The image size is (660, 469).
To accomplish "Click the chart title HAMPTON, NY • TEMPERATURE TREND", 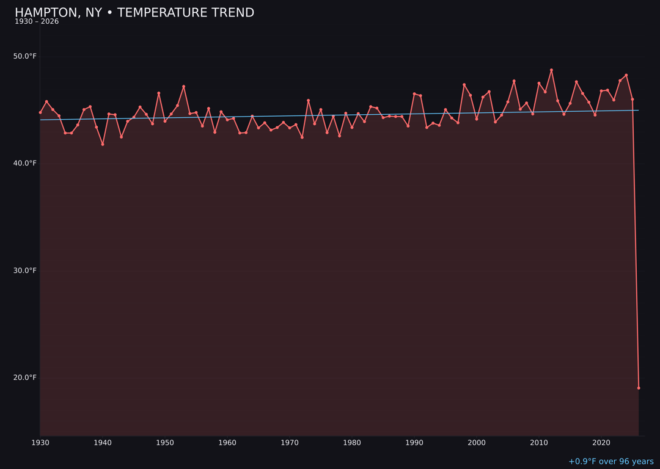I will tap(134, 13).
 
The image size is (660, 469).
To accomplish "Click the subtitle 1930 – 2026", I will tap(37, 22).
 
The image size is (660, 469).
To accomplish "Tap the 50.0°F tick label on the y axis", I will tap(25, 56).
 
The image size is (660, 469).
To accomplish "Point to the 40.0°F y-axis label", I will tap(25, 163).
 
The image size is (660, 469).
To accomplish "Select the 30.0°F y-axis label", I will tap(25, 271).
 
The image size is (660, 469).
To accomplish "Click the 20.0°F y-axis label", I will tap(25, 377).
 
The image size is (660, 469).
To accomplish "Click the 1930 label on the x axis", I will tap(40, 442).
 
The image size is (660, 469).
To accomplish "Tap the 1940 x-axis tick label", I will tap(103, 442).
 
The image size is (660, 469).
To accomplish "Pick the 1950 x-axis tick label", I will tap(165, 442).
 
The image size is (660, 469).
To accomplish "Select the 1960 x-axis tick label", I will tap(227, 442).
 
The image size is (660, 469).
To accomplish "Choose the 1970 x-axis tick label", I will tap(290, 442).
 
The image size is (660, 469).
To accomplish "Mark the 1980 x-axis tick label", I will tap(352, 442).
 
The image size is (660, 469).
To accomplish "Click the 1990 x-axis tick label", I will tap(414, 442).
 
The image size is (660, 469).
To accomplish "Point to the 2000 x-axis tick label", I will tap(477, 442).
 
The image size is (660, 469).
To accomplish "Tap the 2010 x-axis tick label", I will tap(539, 442).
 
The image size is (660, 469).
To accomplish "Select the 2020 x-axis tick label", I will tap(601, 442).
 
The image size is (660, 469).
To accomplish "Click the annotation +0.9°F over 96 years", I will tap(610, 462).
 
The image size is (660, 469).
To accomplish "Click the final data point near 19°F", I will tap(639, 388).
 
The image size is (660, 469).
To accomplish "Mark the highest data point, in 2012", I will tap(551, 70).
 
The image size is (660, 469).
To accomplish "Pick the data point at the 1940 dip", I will tap(103, 144).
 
